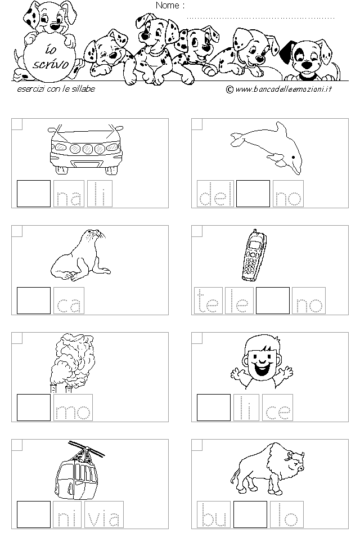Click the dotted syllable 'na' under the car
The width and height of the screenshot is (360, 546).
(x=69, y=194)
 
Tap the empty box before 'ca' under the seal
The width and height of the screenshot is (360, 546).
(x=34, y=301)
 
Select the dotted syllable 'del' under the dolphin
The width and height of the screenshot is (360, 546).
(x=215, y=194)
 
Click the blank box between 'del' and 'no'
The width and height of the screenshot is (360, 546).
(x=253, y=194)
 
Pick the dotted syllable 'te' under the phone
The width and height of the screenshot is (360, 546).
(x=208, y=301)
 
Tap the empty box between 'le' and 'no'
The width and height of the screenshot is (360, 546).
(x=273, y=301)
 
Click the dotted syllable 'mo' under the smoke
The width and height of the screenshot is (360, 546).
(x=73, y=408)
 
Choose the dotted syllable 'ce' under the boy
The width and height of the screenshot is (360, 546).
(x=277, y=408)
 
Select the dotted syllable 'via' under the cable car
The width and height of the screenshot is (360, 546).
(x=104, y=514)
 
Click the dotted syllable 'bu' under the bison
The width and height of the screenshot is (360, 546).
(x=214, y=514)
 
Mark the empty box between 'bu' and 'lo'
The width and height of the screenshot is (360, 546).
(x=250, y=514)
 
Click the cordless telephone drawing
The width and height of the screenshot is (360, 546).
(x=254, y=255)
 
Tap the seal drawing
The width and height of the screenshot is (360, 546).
(x=80, y=255)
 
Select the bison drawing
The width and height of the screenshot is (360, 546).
(x=268, y=468)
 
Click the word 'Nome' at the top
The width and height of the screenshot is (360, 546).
(x=168, y=5)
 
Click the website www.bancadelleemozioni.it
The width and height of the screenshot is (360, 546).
(x=279, y=89)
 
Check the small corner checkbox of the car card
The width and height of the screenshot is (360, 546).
(x=17, y=124)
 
